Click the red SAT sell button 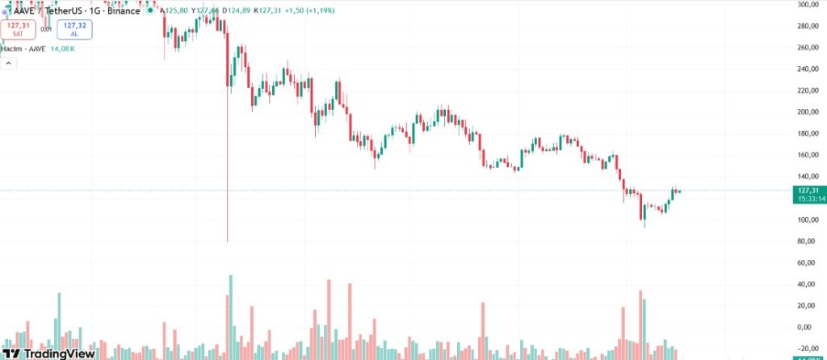[16, 30]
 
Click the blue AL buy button [74, 30]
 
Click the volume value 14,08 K [61, 49]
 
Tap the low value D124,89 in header [233, 11]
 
